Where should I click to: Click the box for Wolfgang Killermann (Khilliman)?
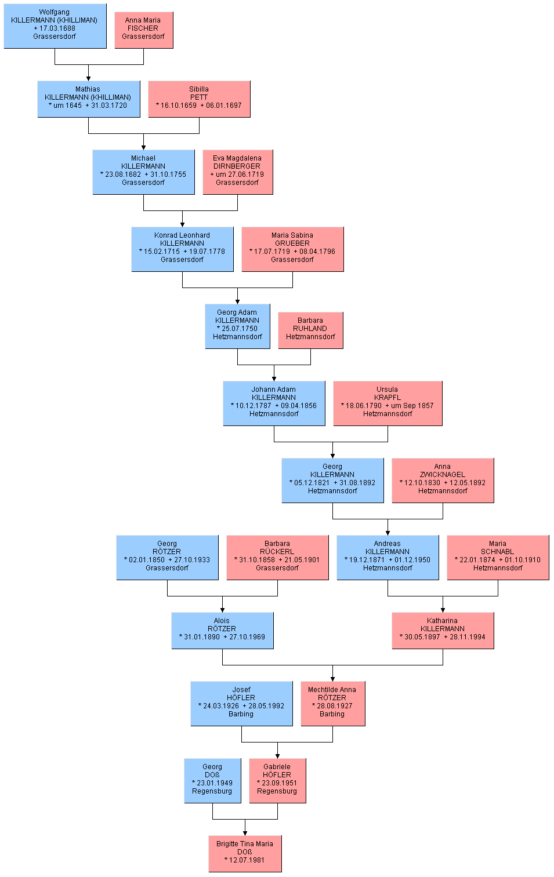[55, 26]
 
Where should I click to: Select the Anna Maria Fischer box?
[144, 30]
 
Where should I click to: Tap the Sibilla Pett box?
[200, 99]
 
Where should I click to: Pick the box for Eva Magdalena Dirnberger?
[238, 172]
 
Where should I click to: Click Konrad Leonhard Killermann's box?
[183, 249]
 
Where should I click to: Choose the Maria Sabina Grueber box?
[293, 249]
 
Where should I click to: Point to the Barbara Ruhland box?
[311, 330]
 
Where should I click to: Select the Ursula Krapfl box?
[388, 403]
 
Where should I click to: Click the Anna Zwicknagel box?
[443, 481]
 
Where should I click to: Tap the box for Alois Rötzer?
[223, 631]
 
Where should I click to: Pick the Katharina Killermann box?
[443, 631]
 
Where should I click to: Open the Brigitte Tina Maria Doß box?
[245, 854]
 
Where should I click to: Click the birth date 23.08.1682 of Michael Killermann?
[122, 174]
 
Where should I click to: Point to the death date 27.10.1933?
[192, 560]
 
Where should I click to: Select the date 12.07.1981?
[247, 860]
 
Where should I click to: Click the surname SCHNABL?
[498, 552]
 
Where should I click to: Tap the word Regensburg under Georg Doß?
[212, 791]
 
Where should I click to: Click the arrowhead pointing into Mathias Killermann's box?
[89, 79]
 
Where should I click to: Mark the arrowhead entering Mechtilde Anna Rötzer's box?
[332, 679]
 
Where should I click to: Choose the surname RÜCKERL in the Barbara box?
[277, 552]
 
